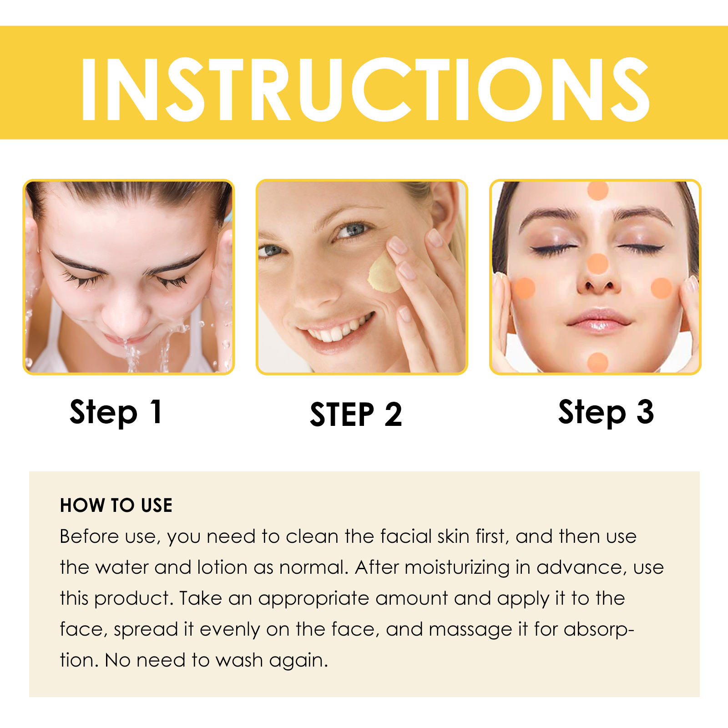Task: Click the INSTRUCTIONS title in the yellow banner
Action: click(x=365, y=89)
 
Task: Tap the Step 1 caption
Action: click(x=116, y=412)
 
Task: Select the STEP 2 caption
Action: click(x=356, y=415)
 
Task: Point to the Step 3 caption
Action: click(x=606, y=412)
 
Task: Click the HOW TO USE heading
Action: click(x=116, y=506)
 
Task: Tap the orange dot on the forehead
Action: click(x=598, y=191)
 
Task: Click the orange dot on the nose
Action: click(x=597, y=264)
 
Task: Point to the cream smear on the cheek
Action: click(x=384, y=273)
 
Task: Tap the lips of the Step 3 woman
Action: click(x=599, y=320)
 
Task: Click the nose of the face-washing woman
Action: click(x=122, y=314)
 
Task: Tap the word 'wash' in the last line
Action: click(x=239, y=660)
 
